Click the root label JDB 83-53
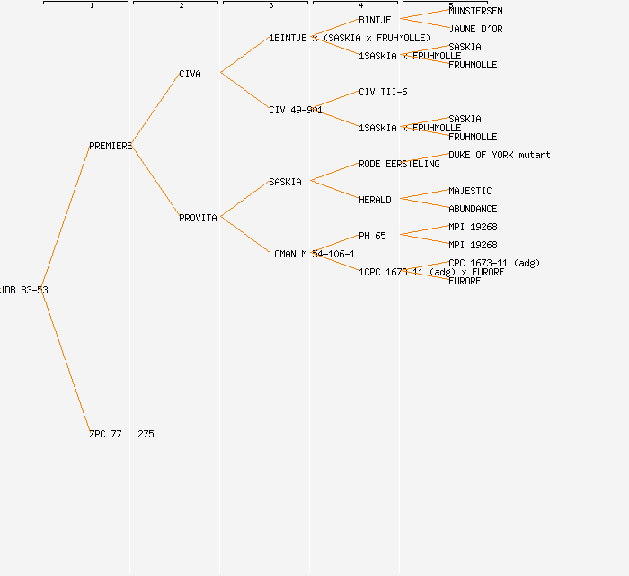coord(23,290)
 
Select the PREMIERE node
coord(111,146)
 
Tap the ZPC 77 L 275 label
coord(121,434)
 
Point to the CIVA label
coord(190,74)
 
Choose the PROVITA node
coord(198,218)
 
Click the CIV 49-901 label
coord(296,110)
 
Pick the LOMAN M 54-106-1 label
coord(312,254)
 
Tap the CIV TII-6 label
coord(383,92)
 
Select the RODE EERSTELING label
coord(399,164)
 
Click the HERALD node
coord(375,200)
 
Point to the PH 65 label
coord(372,236)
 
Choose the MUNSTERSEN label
coord(475,11)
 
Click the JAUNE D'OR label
coord(475,29)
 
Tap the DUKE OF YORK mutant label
coord(500,155)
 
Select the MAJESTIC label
coord(470,191)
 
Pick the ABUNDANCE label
coord(473,209)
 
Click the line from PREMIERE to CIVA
coord(155,110)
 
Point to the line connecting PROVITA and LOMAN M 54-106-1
coord(244,235)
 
